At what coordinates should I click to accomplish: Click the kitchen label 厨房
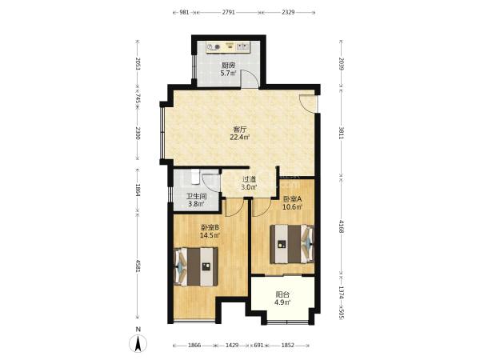228,66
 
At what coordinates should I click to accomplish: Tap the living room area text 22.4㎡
240,137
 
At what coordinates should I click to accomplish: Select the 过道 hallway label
249,179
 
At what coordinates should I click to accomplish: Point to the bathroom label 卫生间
197,196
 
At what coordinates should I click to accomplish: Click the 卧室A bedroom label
292,199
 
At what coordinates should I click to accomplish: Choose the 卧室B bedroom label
210,227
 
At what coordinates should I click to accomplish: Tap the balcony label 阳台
282,294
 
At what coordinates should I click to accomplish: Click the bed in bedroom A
292,244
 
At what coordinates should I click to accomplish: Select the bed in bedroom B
196,267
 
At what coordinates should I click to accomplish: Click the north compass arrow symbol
138,343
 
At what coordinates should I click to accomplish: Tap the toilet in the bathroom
195,177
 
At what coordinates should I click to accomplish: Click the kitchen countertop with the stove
228,47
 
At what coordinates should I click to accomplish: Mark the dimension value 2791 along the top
228,12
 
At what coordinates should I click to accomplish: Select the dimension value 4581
138,266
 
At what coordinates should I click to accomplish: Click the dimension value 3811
341,132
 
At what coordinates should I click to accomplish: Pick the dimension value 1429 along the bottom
232,346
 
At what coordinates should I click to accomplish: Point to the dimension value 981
184,12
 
